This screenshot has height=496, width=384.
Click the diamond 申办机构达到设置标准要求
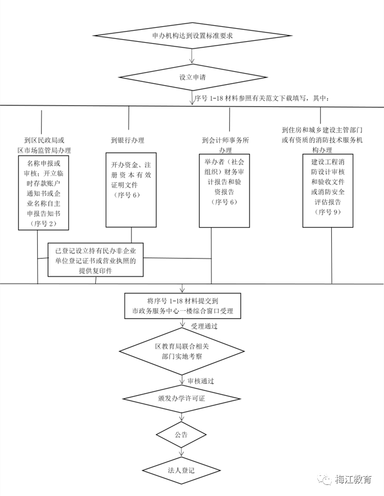tap(192, 36)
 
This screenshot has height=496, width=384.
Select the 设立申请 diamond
tap(192, 77)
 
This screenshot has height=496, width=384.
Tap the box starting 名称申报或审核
tap(44, 191)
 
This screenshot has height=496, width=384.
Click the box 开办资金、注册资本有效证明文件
tap(132, 190)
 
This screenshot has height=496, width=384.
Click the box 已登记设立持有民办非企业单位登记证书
tap(96, 259)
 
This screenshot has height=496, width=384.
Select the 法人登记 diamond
tap(181, 469)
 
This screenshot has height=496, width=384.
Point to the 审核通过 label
tap(201, 381)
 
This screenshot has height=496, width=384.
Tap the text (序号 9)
tap(329, 212)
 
